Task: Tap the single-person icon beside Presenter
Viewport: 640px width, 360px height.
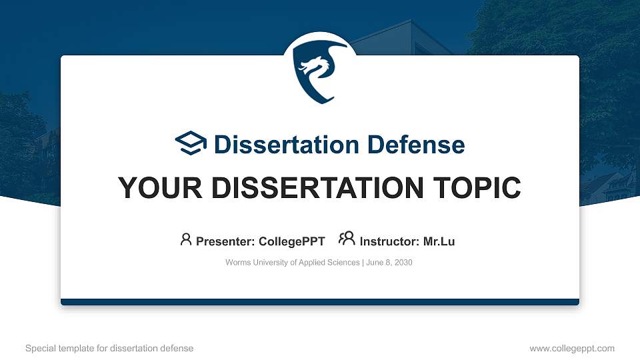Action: [x=186, y=239]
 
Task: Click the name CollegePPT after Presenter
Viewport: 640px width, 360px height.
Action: [x=291, y=241]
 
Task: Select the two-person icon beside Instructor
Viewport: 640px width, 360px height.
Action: [x=347, y=239]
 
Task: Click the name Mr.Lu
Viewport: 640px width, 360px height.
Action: [x=439, y=241]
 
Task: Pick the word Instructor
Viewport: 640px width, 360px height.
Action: [x=389, y=241]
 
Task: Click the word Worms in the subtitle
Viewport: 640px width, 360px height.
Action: [x=238, y=263]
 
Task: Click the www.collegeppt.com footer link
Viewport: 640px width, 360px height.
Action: [x=572, y=348]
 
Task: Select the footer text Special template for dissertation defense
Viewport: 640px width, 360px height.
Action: [x=109, y=348]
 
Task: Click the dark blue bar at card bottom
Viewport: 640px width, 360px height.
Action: [x=320, y=302]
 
